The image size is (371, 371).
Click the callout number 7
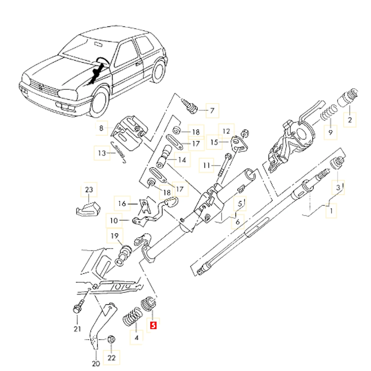pyautogui.click(x=212, y=110)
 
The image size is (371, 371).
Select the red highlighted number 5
pyautogui.click(x=153, y=326)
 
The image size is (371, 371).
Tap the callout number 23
pyautogui.click(x=89, y=190)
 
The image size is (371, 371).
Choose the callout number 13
pyautogui.click(x=102, y=152)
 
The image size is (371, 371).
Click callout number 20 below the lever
pyautogui.click(x=96, y=364)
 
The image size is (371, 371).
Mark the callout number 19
pyautogui.click(x=115, y=236)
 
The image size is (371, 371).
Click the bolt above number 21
pyautogui.click(x=77, y=308)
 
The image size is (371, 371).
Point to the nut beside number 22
pyautogui.click(x=110, y=339)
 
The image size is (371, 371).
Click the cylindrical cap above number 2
pyautogui.click(x=348, y=97)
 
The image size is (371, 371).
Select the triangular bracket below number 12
pyautogui.click(x=237, y=145)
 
